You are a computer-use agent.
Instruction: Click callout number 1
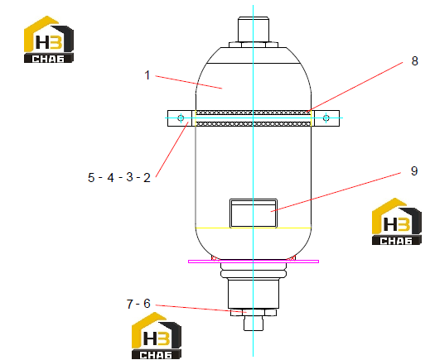tap(147, 75)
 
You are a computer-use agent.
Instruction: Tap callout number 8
tap(414, 61)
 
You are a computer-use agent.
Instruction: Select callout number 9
tap(414, 171)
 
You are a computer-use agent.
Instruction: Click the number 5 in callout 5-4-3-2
tap(91, 177)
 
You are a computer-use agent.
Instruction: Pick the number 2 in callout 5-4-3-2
tap(147, 178)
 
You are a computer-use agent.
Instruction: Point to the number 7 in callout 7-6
tap(130, 304)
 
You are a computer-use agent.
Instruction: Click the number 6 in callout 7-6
tap(147, 304)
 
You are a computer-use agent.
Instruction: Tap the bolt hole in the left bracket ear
tap(181, 118)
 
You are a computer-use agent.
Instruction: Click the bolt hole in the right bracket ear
tap(326, 118)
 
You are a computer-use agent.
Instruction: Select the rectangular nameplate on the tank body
tap(254, 214)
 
